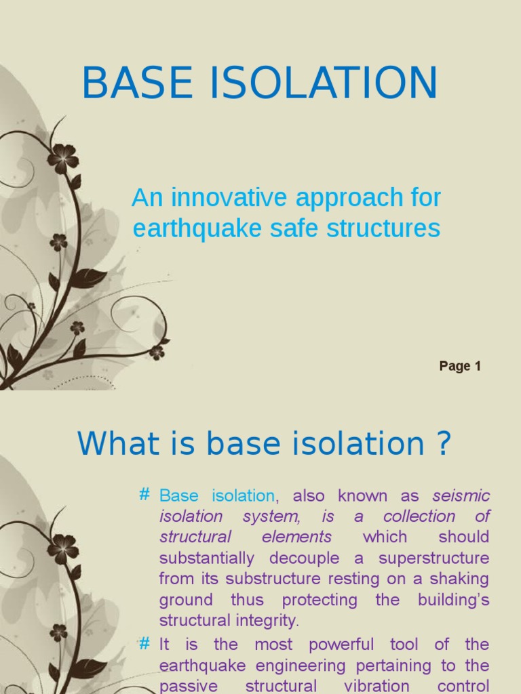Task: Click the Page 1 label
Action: pyautogui.click(x=460, y=366)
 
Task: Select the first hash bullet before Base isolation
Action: pyautogui.click(x=144, y=495)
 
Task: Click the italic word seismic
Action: pyautogui.click(x=461, y=495)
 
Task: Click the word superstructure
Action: pyautogui.click(x=433, y=558)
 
